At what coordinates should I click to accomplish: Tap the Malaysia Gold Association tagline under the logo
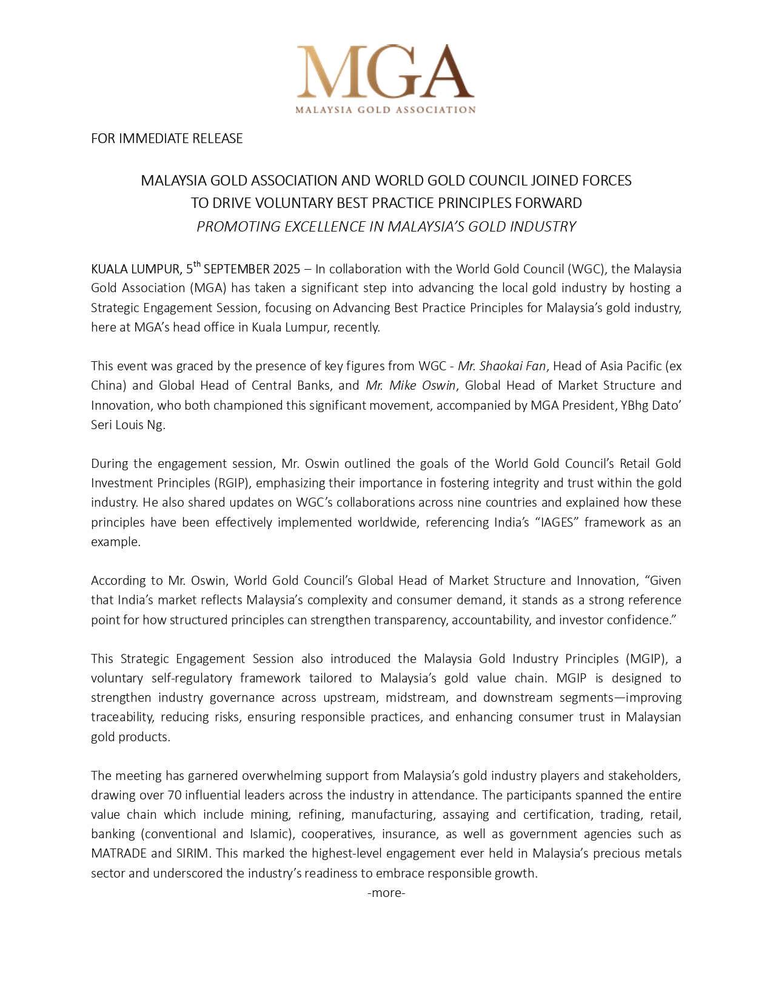point(386,110)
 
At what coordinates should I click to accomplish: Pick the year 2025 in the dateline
point(286,269)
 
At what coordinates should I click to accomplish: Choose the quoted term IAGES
point(556,522)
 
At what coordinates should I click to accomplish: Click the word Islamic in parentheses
point(268,834)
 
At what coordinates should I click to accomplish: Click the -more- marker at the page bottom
point(386,893)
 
